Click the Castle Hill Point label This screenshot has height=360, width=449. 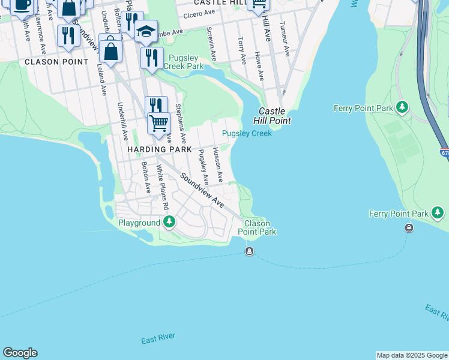coord(274,116)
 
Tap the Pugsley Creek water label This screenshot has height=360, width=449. coord(247,133)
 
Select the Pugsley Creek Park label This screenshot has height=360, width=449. coord(186,62)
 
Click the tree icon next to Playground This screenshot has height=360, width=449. coord(169,223)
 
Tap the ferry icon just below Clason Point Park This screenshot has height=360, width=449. coord(249,251)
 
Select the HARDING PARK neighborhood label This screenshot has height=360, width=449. coord(159,149)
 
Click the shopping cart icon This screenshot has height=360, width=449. coord(158,122)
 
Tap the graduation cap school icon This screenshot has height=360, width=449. coord(146,31)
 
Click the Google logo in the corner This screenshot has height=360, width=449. coord(20,353)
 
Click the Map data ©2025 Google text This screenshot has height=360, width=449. coord(411,355)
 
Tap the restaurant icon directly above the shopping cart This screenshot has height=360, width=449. coord(156,104)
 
